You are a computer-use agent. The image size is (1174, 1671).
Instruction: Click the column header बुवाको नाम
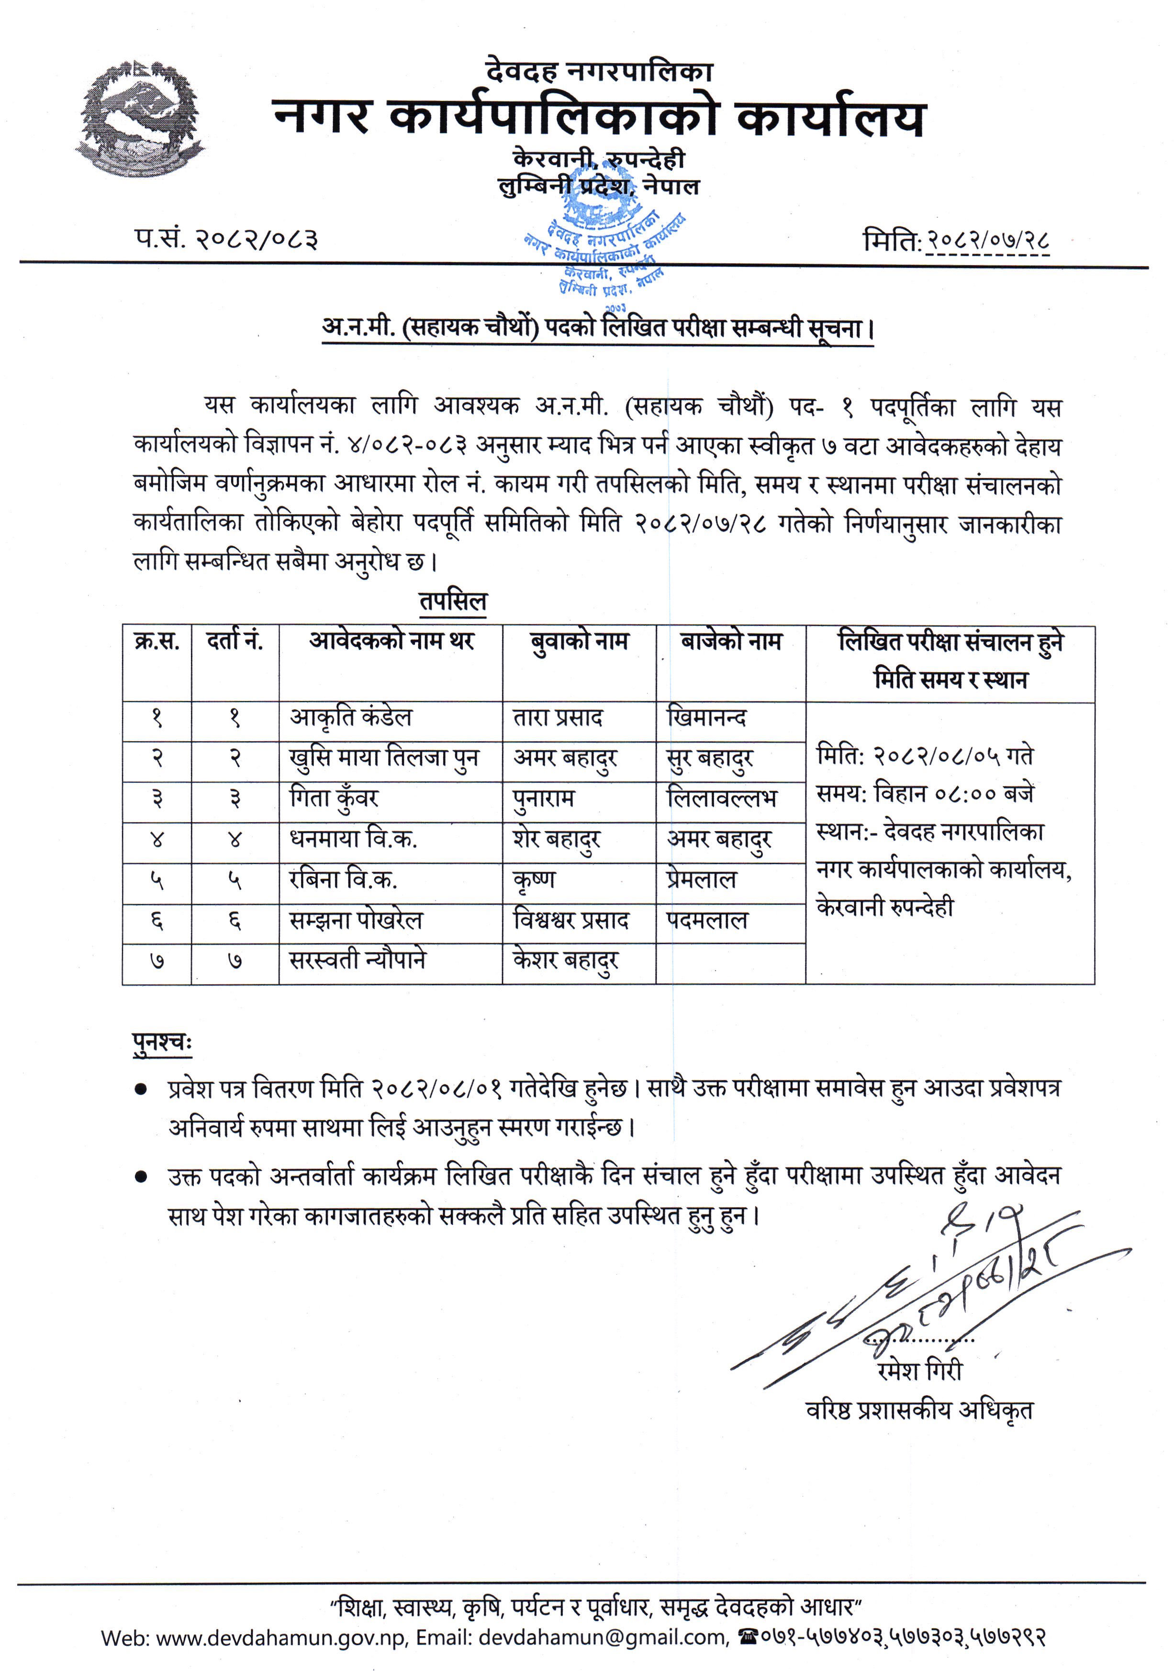580,642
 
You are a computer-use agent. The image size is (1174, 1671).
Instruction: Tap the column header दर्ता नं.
235,642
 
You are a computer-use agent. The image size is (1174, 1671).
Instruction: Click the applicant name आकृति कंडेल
351,718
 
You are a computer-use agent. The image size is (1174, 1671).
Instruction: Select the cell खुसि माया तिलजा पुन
383,758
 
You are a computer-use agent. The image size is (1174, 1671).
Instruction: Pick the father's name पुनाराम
544,799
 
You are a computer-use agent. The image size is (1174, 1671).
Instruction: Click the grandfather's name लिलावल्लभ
721,799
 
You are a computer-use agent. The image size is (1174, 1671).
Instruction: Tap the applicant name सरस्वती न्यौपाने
358,961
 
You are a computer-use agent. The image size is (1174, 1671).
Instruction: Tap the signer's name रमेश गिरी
920,1370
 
